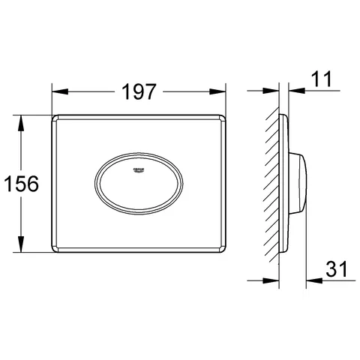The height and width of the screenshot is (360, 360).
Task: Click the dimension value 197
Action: point(139,91)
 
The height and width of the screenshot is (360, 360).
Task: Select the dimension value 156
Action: point(20,183)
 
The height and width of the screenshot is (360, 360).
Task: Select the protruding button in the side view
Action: point(299,183)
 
